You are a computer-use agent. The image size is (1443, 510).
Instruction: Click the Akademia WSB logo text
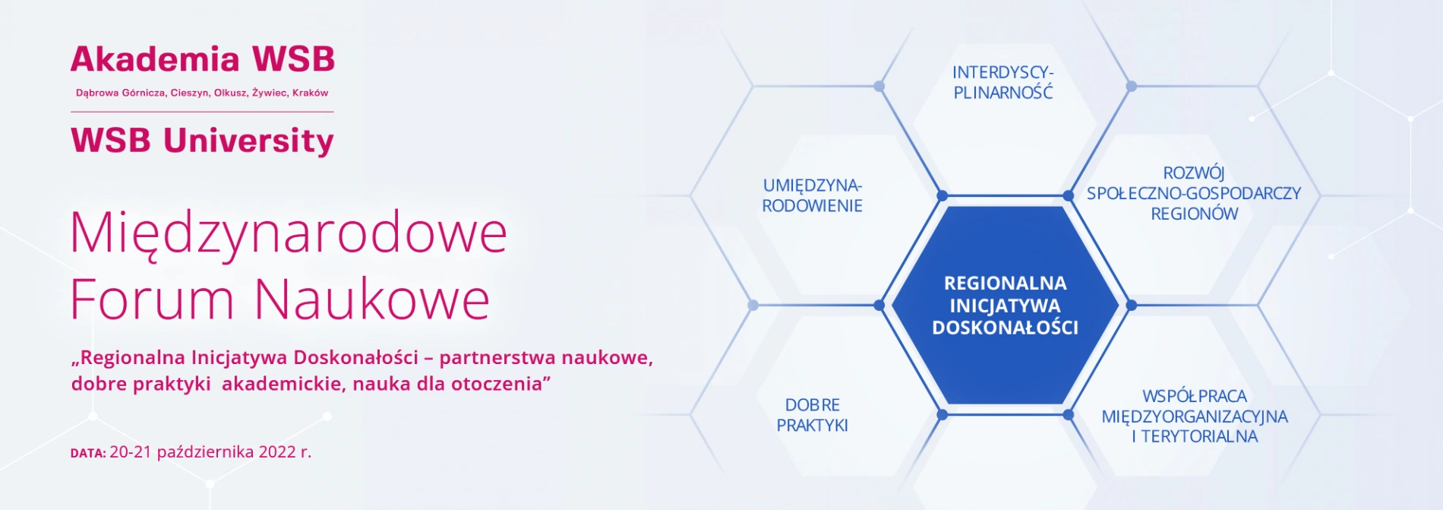[203, 59]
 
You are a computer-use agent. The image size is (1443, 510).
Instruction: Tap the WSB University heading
[203, 141]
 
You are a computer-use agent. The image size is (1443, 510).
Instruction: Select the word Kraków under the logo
[311, 93]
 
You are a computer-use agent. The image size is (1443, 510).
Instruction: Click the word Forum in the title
[152, 299]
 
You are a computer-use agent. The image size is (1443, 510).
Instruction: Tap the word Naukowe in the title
[372, 299]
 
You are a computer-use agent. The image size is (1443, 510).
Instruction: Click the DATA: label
[88, 453]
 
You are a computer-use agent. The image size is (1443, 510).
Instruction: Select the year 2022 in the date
[277, 452]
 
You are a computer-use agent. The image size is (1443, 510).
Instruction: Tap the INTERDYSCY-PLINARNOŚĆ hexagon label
[1003, 82]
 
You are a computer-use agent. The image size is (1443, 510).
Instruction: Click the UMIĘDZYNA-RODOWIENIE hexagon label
[813, 195]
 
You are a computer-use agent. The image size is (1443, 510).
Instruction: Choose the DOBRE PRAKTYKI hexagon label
[813, 415]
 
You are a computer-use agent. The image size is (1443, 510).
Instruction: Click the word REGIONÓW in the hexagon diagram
[1194, 214]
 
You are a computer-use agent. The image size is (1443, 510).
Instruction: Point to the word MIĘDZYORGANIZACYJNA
[1195, 417]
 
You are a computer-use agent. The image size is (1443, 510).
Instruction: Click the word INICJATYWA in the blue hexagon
[1005, 306]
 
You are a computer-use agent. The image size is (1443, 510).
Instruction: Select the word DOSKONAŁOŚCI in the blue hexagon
[1005, 328]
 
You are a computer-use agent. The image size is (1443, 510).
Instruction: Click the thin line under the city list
[202, 112]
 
